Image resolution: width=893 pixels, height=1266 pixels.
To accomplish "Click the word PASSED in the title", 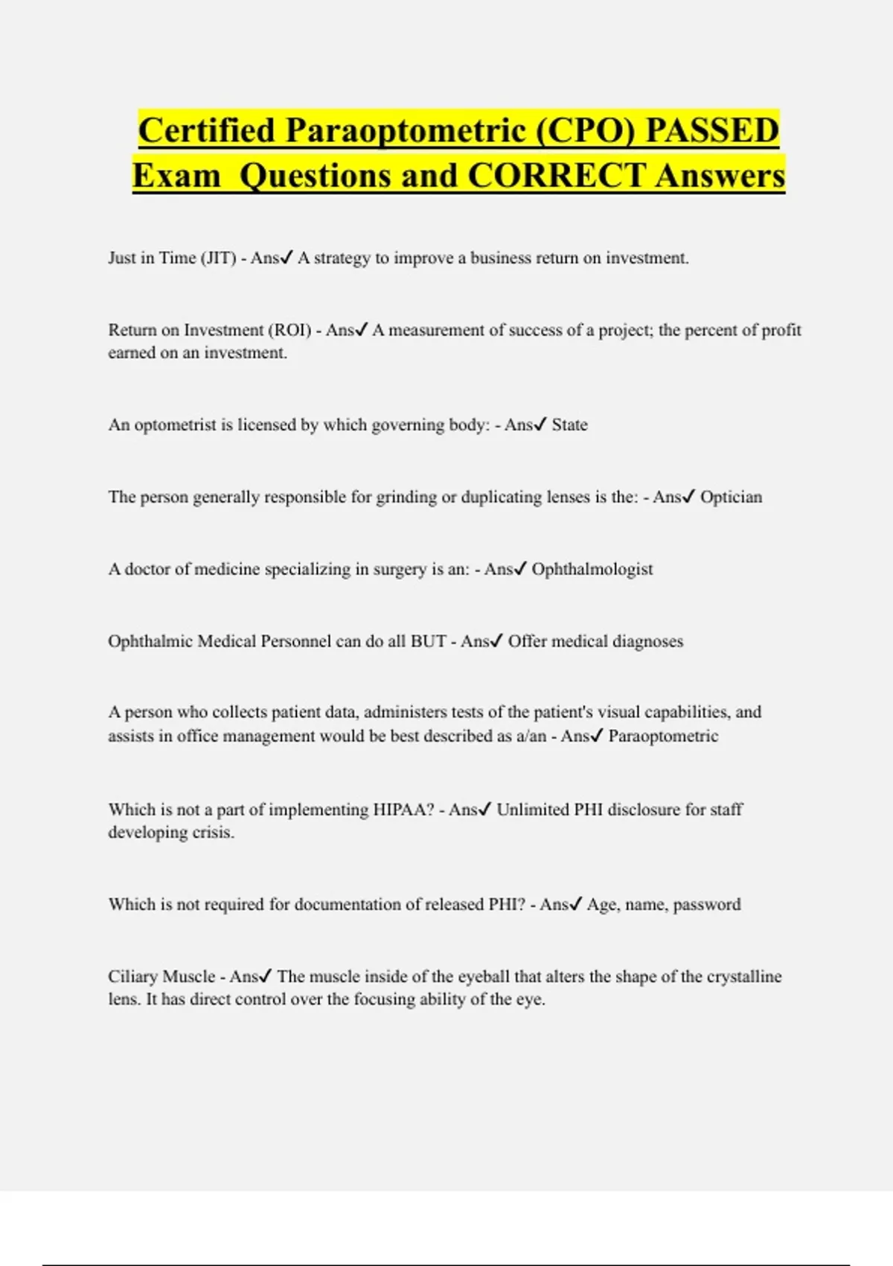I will (x=711, y=130).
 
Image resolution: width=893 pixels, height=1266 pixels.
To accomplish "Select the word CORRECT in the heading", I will (x=556, y=176).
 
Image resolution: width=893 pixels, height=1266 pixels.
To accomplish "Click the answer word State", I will (x=569, y=425).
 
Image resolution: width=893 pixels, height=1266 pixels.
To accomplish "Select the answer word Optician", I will (x=731, y=497).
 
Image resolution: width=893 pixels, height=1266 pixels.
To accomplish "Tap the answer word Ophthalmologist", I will (x=592, y=569).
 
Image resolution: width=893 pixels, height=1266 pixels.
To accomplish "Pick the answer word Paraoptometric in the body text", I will (x=663, y=736).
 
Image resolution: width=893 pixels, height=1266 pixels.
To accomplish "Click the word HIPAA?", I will (x=403, y=809).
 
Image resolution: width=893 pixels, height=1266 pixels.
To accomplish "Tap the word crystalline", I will (x=743, y=976).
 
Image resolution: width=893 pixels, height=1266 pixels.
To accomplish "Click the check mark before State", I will (x=540, y=424).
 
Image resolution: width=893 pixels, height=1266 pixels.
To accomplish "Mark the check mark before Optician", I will (x=688, y=496).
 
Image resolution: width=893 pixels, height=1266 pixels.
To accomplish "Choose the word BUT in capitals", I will (x=429, y=641).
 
